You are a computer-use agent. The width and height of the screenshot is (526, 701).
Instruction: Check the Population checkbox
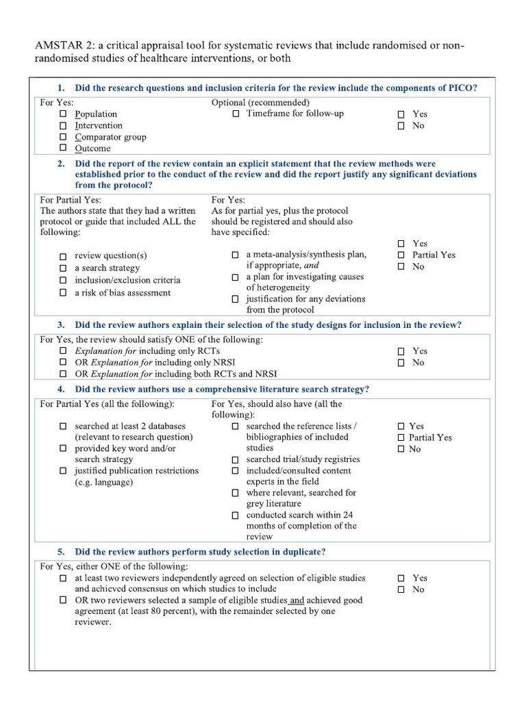point(63,114)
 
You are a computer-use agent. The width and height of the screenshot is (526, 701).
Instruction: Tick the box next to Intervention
point(63,126)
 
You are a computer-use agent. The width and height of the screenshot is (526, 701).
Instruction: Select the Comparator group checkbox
point(63,137)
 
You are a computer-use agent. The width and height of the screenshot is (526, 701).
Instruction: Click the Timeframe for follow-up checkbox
point(236,114)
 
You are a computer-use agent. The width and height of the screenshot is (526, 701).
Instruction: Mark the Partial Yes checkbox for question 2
point(401,255)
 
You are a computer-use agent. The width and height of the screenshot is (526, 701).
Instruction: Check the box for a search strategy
point(63,268)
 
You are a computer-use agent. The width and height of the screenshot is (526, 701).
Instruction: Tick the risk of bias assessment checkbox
point(63,293)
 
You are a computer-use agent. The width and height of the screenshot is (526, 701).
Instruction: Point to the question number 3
point(61,324)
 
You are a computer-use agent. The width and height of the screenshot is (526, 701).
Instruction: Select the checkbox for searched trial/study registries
point(235,459)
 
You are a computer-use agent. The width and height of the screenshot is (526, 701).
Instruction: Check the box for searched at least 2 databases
point(63,426)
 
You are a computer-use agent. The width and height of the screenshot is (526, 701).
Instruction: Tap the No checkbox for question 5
point(401,589)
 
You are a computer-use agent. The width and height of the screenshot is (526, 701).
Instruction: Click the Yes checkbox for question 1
point(401,114)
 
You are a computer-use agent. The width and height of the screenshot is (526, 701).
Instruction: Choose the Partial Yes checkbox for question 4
point(401,437)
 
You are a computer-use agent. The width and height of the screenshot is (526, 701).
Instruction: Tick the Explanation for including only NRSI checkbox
point(63,363)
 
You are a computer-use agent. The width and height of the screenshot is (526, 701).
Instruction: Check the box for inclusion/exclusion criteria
point(63,281)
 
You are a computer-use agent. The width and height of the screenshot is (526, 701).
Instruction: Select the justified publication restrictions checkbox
point(63,471)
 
